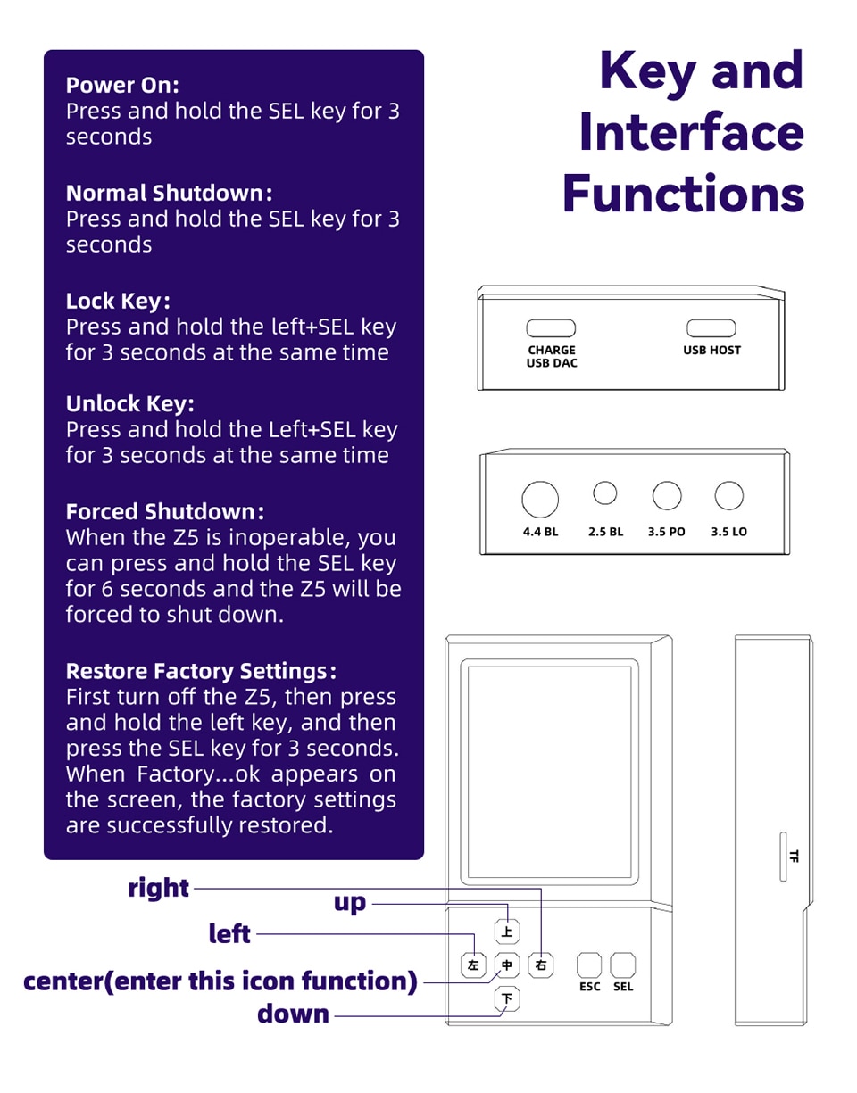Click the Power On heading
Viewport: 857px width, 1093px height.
(x=122, y=86)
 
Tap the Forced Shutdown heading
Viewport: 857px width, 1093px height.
(x=164, y=512)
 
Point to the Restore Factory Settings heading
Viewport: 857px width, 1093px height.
(x=201, y=670)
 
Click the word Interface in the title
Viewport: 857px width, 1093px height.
(x=691, y=132)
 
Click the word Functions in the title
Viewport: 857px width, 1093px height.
(x=683, y=192)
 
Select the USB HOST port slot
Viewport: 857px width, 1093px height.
(x=711, y=328)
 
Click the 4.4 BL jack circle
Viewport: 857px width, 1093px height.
(x=540, y=500)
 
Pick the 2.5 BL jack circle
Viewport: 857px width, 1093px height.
(x=605, y=492)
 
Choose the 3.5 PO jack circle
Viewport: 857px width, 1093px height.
(x=666, y=494)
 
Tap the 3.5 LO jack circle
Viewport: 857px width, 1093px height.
(x=729, y=494)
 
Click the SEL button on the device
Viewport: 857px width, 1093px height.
(x=623, y=965)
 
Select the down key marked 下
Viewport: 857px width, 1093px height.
(x=507, y=998)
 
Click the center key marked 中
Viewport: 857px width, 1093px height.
(x=507, y=965)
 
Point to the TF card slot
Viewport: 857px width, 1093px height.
(x=783, y=857)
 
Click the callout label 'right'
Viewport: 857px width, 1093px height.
(x=159, y=889)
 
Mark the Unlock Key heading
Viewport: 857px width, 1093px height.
(x=130, y=404)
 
